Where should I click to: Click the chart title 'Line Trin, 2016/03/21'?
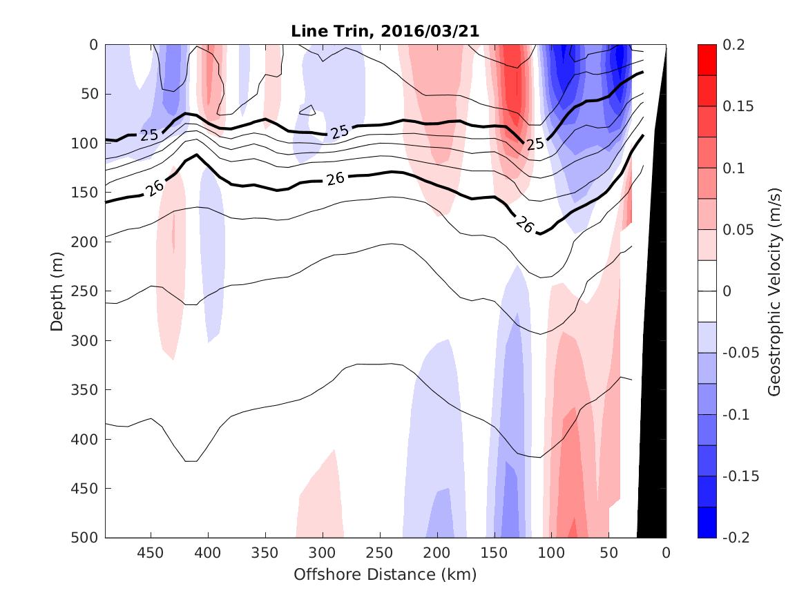coord(385,31)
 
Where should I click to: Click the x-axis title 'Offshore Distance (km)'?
coord(385,574)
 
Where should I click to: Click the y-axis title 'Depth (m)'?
coord(57,291)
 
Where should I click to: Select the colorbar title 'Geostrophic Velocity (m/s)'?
coord(774,291)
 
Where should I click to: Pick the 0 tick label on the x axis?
coord(666,552)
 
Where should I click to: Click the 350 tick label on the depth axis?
coord(86,390)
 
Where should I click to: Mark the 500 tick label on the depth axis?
coord(86,537)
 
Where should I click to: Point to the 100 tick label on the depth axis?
coord(86,144)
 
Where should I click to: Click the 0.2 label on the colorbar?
coord(733,45)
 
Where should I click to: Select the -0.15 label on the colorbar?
coord(739,476)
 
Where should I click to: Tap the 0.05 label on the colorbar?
coord(736,230)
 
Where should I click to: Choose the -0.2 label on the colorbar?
coord(736,537)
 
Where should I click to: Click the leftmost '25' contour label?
coord(149,135)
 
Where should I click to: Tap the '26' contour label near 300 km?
coord(336,179)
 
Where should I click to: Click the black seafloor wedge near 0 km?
coord(653,414)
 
